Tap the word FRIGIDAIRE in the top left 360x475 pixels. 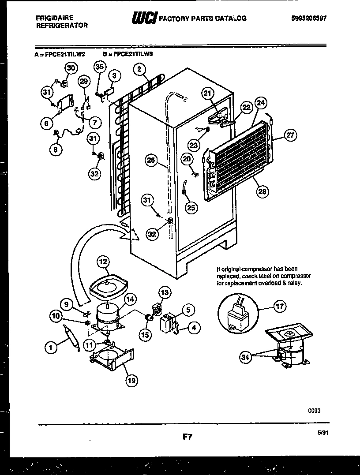55,18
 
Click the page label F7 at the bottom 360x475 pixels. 187,437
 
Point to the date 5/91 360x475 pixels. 323,433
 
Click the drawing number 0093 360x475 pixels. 314,410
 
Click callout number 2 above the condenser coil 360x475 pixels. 139,69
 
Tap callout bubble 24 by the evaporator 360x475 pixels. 261,104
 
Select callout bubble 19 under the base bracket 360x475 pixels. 131,380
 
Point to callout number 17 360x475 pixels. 280,306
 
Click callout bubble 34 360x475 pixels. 245,357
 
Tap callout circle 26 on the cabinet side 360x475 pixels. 151,161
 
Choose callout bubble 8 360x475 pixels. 55,149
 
